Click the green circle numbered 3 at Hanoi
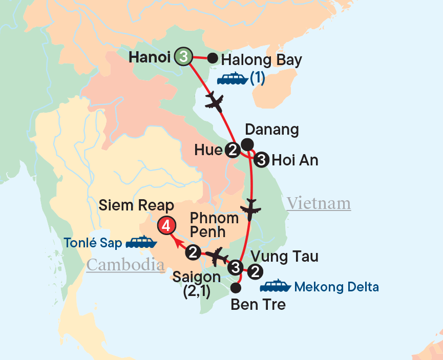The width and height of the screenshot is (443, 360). (183, 57)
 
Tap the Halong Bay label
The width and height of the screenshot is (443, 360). (262, 60)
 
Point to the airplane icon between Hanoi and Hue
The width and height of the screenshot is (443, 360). (214, 101)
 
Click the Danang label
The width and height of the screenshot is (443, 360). (272, 130)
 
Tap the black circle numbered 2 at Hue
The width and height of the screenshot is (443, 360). (232, 150)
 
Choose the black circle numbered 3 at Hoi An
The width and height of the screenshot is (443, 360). (261, 160)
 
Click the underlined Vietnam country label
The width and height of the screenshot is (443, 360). (319, 203)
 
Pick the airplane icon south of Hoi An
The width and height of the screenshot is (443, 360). (251, 210)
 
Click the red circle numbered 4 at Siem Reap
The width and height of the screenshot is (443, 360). (166, 225)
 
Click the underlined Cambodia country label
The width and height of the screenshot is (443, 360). (125, 265)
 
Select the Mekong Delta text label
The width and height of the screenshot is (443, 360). (336, 287)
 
